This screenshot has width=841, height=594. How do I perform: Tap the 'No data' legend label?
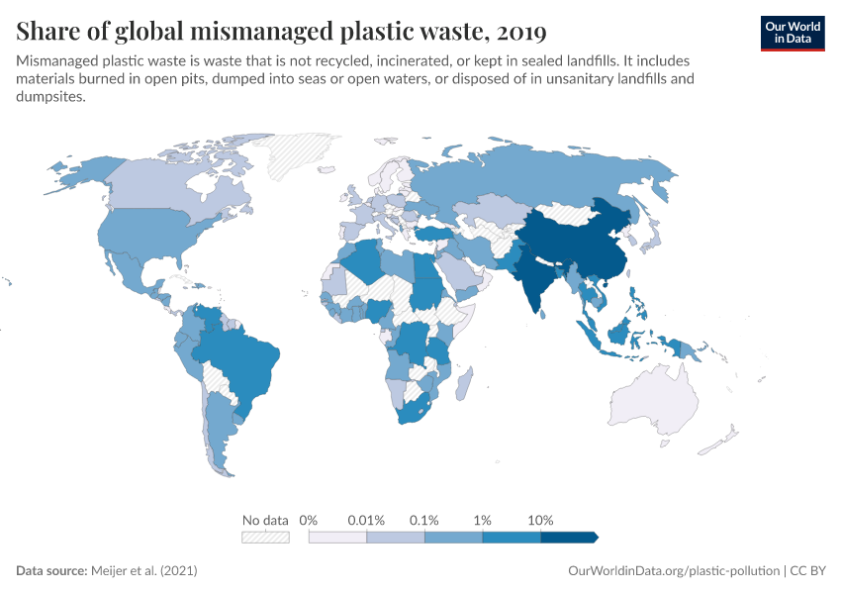[x=265, y=520]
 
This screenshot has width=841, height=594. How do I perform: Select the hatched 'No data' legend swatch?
[x=265, y=537]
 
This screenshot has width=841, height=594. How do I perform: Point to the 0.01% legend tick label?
[x=366, y=520]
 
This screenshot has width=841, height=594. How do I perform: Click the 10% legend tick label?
[x=540, y=520]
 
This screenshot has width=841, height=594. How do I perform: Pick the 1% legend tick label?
[x=483, y=520]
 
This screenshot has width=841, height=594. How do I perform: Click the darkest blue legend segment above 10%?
[x=569, y=537]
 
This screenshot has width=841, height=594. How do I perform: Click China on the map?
[x=584, y=243]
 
